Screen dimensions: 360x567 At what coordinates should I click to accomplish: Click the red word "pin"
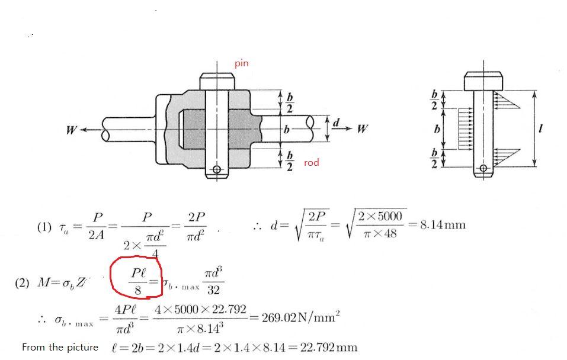[x=242, y=63]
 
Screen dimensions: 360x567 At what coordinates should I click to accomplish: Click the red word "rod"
[x=311, y=163]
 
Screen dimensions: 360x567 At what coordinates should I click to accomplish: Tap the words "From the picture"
[x=60, y=347]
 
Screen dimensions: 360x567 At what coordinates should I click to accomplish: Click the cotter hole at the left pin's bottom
[x=216, y=171]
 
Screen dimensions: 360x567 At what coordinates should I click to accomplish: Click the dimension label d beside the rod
[x=337, y=123]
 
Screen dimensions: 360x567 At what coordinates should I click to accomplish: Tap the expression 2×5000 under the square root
[x=380, y=216]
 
